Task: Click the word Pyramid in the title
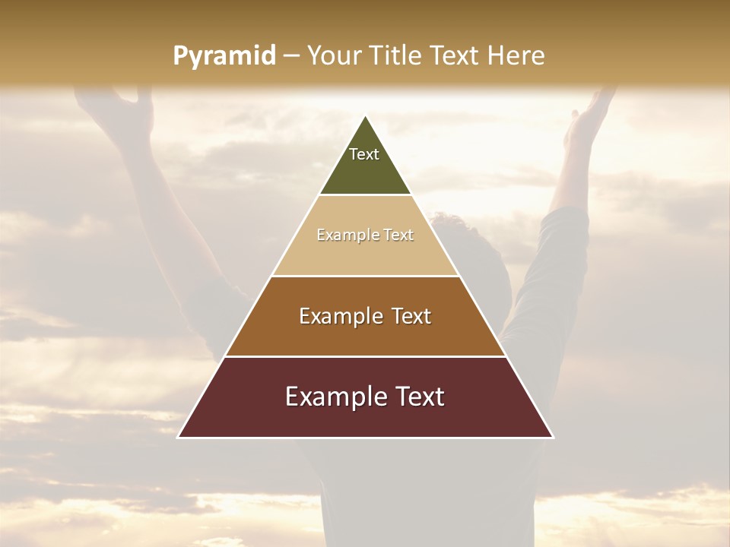click(224, 55)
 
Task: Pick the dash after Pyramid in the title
click(291, 56)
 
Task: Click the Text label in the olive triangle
click(364, 154)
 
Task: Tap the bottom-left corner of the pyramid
click(179, 437)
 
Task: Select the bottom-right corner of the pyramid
click(553, 437)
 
